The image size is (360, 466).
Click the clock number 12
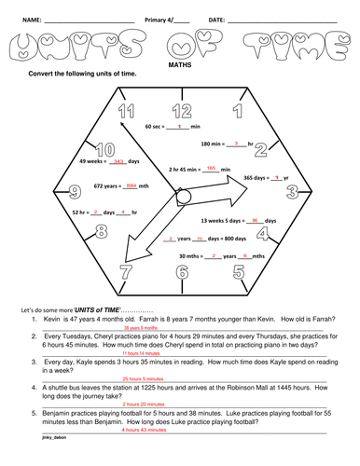coord(181,113)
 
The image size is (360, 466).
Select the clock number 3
coord(291,193)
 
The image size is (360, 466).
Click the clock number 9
coord(73,193)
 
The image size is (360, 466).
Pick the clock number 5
coord(238,272)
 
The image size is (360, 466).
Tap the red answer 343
coord(118,161)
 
